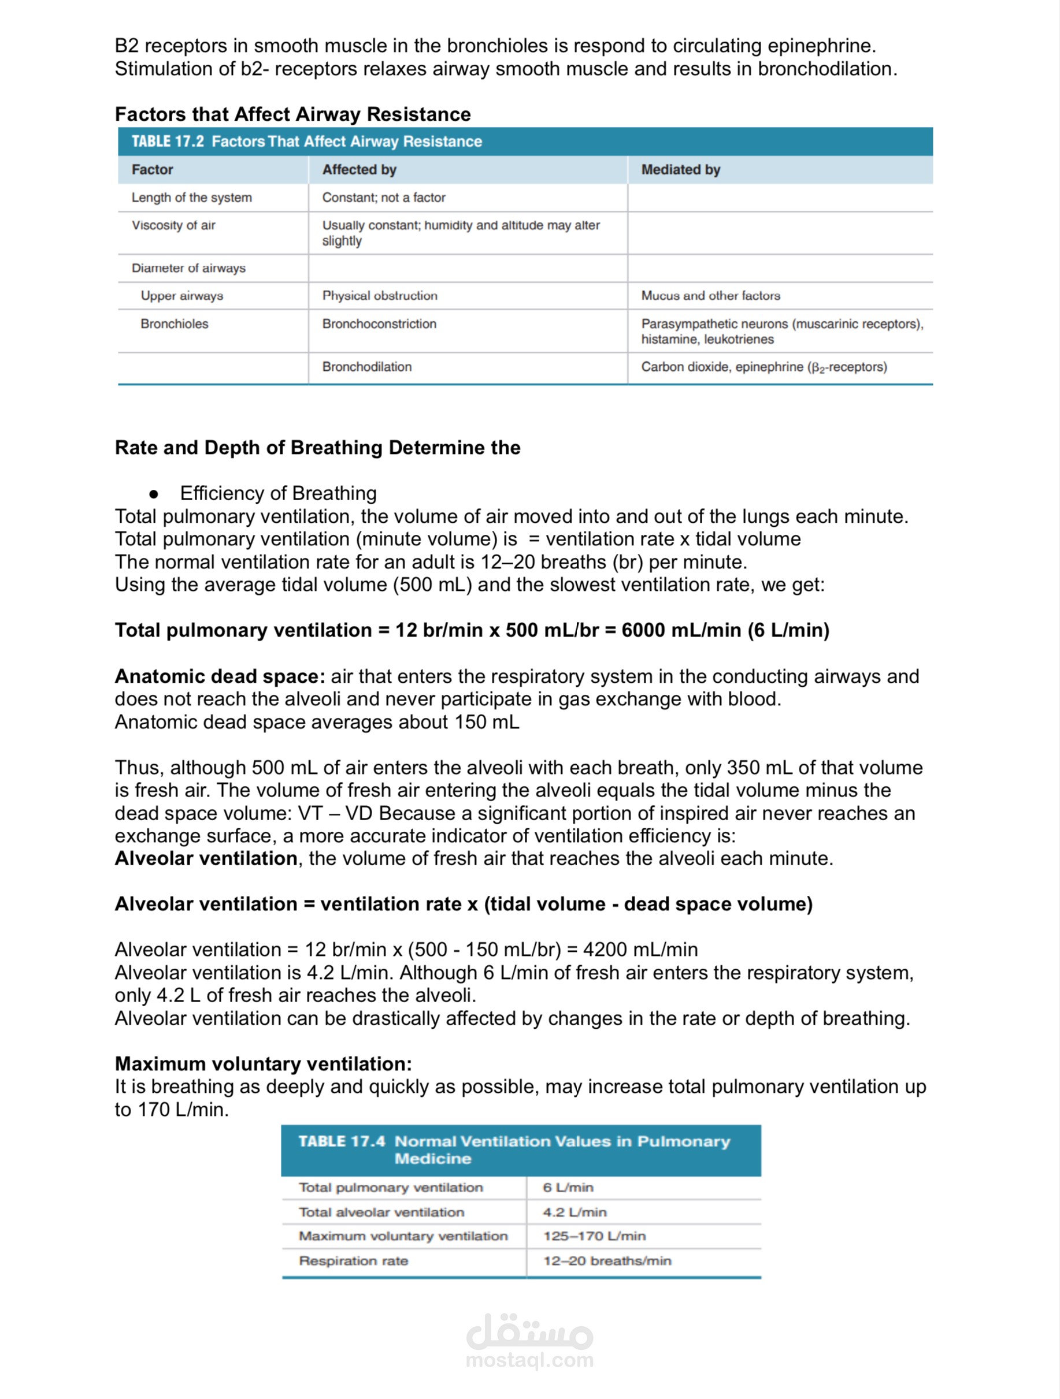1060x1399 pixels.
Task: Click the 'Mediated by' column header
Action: coord(680,169)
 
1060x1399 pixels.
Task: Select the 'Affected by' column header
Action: coord(359,169)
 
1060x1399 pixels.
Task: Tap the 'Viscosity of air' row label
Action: coord(173,225)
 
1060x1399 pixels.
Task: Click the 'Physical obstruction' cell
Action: coord(380,295)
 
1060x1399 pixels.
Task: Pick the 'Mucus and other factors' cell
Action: coord(710,295)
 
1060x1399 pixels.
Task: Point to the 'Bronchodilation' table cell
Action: coord(366,367)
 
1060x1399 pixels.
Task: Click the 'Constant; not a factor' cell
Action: coord(384,198)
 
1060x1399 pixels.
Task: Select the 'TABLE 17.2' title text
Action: coord(168,141)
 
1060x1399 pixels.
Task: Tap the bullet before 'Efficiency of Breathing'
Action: coord(153,494)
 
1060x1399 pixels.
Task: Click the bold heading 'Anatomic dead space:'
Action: coord(220,676)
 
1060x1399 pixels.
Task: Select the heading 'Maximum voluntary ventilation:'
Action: coord(262,1064)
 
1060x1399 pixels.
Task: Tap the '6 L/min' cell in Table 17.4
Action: coord(568,1187)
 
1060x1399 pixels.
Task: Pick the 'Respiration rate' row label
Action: coord(353,1260)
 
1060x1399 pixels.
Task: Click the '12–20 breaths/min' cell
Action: coord(606,1260)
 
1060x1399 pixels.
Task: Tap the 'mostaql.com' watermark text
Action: coord(529,1360)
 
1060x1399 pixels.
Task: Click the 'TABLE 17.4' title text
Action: coord(341,1141)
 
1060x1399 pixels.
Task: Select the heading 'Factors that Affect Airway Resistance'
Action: coord(292,114)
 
